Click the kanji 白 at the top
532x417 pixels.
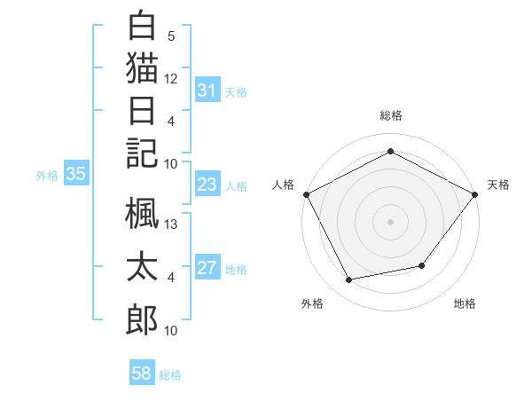[142, 26]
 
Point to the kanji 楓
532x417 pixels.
[142, 217]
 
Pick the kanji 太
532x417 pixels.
[142, 269]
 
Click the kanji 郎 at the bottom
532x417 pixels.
[142, 320]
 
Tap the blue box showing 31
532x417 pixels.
[207, 90]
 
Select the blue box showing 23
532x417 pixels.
[207, 185]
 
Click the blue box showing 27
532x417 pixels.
[207, 268]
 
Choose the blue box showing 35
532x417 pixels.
[75, 175]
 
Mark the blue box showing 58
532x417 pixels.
[141, 374]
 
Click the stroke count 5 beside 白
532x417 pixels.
[171, 37]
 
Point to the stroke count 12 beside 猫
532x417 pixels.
[171, 79]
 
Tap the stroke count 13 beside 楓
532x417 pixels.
[171, 225]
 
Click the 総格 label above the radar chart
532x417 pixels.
[390, 115]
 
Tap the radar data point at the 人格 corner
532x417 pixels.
[306, 194]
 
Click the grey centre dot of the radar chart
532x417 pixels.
[390, 221]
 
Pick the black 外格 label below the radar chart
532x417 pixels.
[312, 304]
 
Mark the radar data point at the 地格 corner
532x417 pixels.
[422, 265]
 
